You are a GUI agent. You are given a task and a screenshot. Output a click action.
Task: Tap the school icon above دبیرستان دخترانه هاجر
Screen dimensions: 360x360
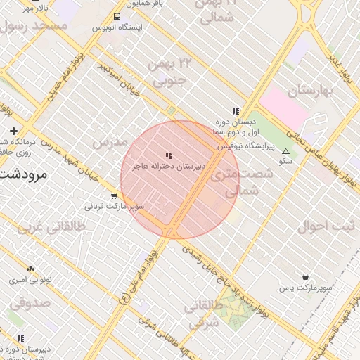click(x=168, y=155)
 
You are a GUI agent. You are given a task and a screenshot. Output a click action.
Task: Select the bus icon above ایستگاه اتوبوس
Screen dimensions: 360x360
click(x=116, y=16)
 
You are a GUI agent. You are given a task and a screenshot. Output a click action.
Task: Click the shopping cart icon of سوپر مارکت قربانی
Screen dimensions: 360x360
click(x=114, y=196)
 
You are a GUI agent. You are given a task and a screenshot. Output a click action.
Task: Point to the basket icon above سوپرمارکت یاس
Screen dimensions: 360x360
click(x=305, y=277)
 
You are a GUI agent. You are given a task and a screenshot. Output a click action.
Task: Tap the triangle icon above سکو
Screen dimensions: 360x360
click(x=285, y=151)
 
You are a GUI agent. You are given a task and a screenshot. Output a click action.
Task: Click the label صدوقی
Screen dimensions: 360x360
click(x=30, y=304)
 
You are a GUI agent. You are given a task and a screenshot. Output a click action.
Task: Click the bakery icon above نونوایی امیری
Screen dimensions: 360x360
click(x=30, y=269)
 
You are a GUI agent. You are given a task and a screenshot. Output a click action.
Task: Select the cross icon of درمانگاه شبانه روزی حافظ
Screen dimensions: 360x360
click(x=13, y=131)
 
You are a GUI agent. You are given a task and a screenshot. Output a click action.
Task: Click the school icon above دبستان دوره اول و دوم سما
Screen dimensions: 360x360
click(x=236, y=111)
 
